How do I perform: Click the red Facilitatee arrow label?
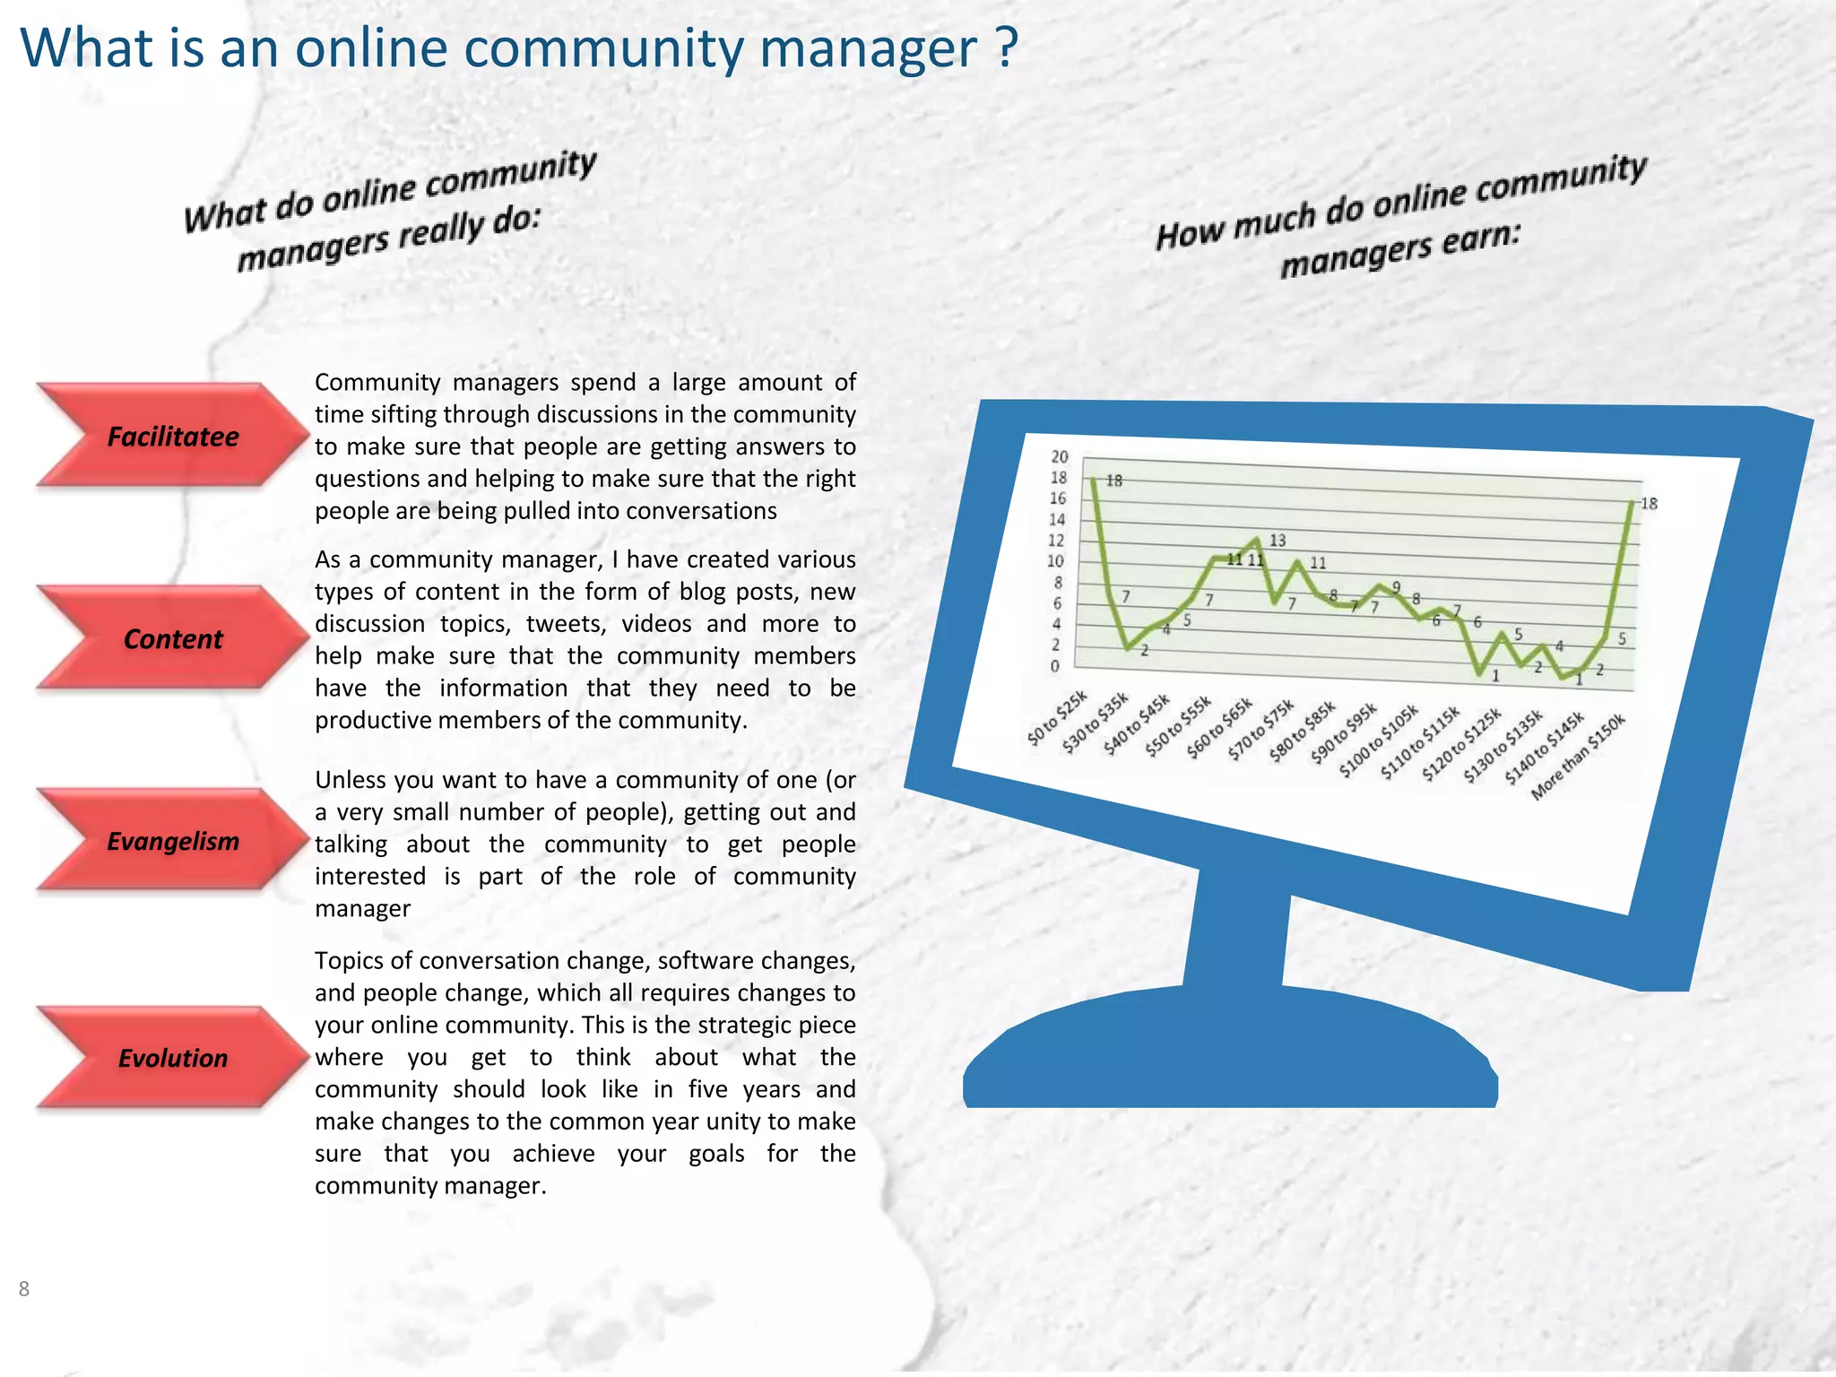click(173, 437)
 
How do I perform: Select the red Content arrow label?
click(173, 639)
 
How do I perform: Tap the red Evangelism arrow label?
click(173, 841)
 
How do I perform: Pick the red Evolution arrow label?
click(173, 1058)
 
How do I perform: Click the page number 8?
click(24, 1289)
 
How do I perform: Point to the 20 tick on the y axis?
click(1060, 456)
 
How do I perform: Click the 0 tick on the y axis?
click(1055, 666)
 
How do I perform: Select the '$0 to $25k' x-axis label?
click(1058, 718)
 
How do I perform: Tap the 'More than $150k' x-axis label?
click(1580, 758)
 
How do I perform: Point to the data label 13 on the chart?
click(1277, 541)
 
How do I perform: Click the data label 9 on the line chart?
click(1396, 587)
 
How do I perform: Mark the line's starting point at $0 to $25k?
click(1094, 478)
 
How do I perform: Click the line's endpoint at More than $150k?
click(1632, 502)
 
